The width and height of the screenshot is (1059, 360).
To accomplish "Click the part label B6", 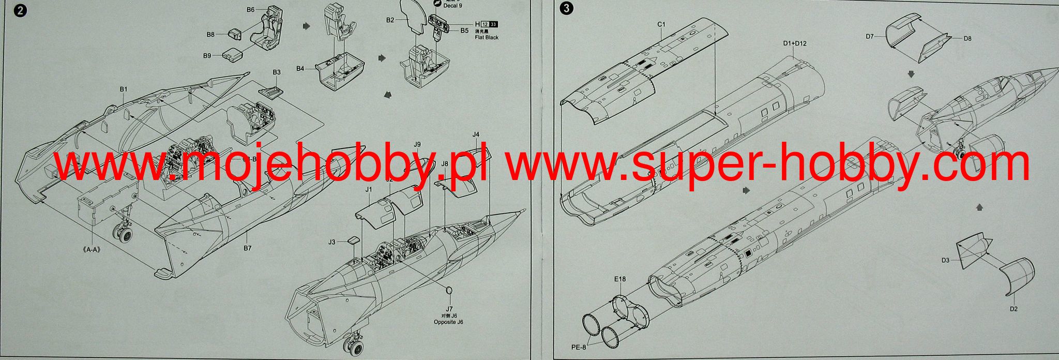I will [250, 9].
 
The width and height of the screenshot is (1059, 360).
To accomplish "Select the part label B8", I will [210, 35].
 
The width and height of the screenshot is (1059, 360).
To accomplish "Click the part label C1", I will [661, 24].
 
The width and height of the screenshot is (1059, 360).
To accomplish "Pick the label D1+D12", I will [794, 43].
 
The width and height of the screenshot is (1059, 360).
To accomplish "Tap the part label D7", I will [870, 36].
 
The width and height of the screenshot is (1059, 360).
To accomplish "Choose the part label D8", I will [967, 38].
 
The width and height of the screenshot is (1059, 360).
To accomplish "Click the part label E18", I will [620, 279].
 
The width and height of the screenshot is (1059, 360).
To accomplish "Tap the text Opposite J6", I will [448, 322].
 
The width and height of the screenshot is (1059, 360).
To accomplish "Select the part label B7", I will [248, 248].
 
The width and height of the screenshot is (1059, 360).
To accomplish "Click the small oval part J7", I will [449, 291].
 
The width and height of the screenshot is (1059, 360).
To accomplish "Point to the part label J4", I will [476, 134].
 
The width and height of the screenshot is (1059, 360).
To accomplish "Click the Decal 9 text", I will [452, 6].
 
